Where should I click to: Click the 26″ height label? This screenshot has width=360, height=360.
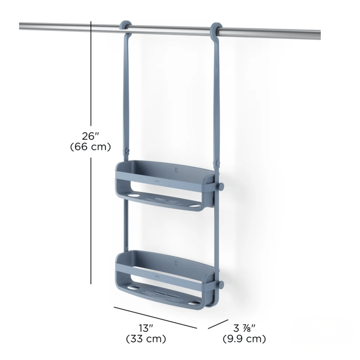pos(91,136)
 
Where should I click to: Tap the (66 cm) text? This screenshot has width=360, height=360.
pos(91,147)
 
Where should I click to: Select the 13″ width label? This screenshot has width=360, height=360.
pos(146,328)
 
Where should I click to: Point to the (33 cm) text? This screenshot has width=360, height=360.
pos(146,339)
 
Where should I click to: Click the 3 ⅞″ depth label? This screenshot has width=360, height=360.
pos(244,328)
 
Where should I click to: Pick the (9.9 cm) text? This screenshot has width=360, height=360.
pos(244,339)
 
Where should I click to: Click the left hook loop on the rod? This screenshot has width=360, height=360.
pos(126,27)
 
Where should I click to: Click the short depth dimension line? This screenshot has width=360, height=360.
pos(218,324)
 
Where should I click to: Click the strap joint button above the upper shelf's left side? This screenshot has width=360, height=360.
pos(127,151)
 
